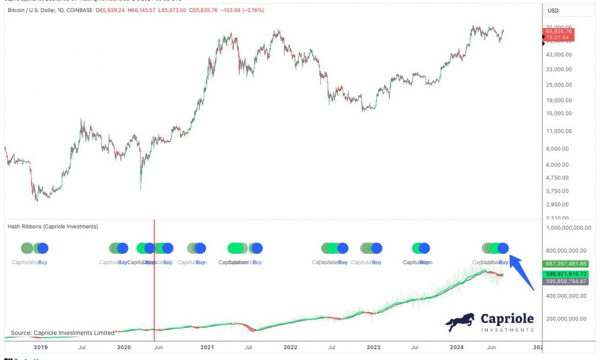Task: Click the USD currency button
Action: coord(553,11)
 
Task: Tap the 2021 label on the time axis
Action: coord(207,347)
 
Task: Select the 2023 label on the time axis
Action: coord(373,347)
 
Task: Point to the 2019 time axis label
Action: coord(41,347)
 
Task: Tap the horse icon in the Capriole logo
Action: coord(460,322)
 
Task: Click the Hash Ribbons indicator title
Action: coord(53,227)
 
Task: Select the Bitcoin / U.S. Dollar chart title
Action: coord(42,11)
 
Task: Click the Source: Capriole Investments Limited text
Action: coord(62,333)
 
